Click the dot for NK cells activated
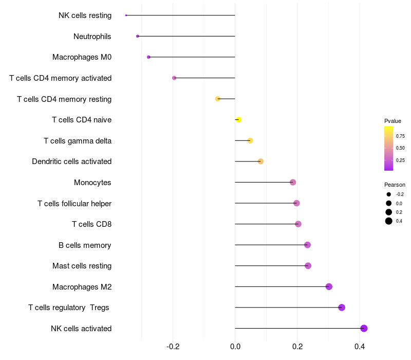[364, 328]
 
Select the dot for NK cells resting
[126, 15]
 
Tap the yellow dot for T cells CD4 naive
[238, 120]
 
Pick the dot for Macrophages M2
[329, 286]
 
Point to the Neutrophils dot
[138, 36]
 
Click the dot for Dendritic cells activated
[260, 161]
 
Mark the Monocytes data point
[293, 182]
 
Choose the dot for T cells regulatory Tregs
[342, 308]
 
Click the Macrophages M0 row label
[82, 57]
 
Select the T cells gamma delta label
[78, 141]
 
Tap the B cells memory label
[85, 245]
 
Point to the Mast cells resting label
[82, 266]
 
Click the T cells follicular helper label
[74, 204]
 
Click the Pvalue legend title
[393, 121]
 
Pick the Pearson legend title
[395, 185]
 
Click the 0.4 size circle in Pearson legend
[389, 221]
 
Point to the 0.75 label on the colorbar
[400, 136]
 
